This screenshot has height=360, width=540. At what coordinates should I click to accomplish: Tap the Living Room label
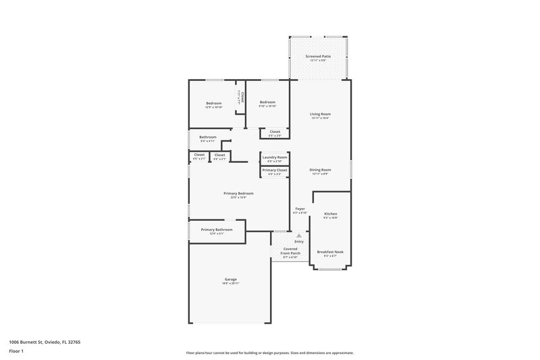click(x=320, y=114)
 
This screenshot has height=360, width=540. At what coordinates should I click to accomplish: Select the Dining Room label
click(x=320, y=170)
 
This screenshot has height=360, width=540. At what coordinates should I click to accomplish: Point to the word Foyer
click(x=300, y=209)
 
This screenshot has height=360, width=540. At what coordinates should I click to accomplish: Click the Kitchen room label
click(x=330, y=213)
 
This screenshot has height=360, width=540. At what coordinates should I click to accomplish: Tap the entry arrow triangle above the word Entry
click(x=299, y=235)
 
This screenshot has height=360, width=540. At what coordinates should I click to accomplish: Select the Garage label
click(x=231, y=279)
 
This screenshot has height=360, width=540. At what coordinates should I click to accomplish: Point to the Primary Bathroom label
click(x=217, y=230)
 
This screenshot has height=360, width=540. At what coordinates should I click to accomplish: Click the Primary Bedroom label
click(x=239, y=193)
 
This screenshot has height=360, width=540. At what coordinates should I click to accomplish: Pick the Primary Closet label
click(x=275, y=170)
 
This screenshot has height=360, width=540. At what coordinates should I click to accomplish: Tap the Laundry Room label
click(x=275, y=157)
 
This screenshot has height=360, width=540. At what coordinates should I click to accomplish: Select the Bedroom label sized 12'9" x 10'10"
click(x=213, y=103)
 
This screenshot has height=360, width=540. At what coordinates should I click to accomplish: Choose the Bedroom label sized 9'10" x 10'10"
click(x=267, y=102)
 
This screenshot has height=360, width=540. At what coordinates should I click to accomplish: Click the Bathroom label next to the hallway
click(x=208, y=137)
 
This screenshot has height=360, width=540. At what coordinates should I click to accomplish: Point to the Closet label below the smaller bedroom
click(x=275, y=132)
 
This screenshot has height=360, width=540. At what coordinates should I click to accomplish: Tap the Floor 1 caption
click(x=16, y=352)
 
